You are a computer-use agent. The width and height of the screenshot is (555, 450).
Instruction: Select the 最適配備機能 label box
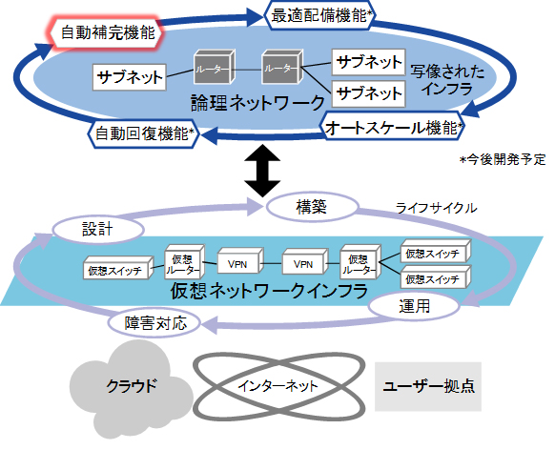tap(320, 14)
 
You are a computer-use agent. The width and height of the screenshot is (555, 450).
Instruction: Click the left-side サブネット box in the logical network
tap(129, 75)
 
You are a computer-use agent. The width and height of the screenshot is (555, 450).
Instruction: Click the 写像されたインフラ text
tap(445, 81)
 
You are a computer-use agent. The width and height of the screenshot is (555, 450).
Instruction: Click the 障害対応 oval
tap(154, 323)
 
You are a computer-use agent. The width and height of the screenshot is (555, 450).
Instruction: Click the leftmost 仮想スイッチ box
tap(113, 271)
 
